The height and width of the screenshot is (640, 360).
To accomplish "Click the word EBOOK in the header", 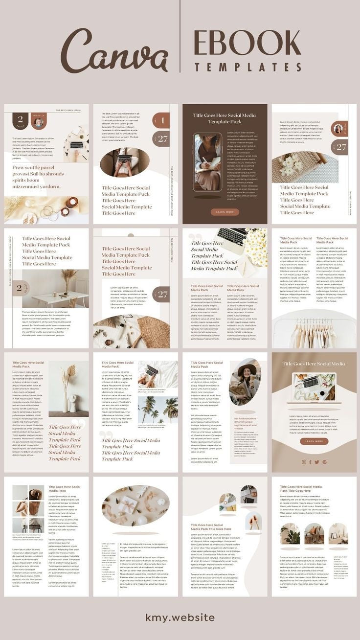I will click(247, 44).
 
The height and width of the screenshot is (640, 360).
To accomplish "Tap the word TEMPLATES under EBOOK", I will click(247, 68).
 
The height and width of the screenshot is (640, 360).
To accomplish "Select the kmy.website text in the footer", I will click(180, 617).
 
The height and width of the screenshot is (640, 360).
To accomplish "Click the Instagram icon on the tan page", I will click(304, 462).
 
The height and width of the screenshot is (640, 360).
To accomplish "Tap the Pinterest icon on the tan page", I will click(324, 462).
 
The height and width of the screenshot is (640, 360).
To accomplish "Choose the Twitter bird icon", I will click(317, 462).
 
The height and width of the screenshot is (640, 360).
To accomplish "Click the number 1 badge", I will click(162, 120).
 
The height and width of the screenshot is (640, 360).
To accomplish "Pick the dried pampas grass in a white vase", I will click(68, 389).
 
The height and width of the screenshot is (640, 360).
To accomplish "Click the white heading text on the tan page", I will click(314, 364).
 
